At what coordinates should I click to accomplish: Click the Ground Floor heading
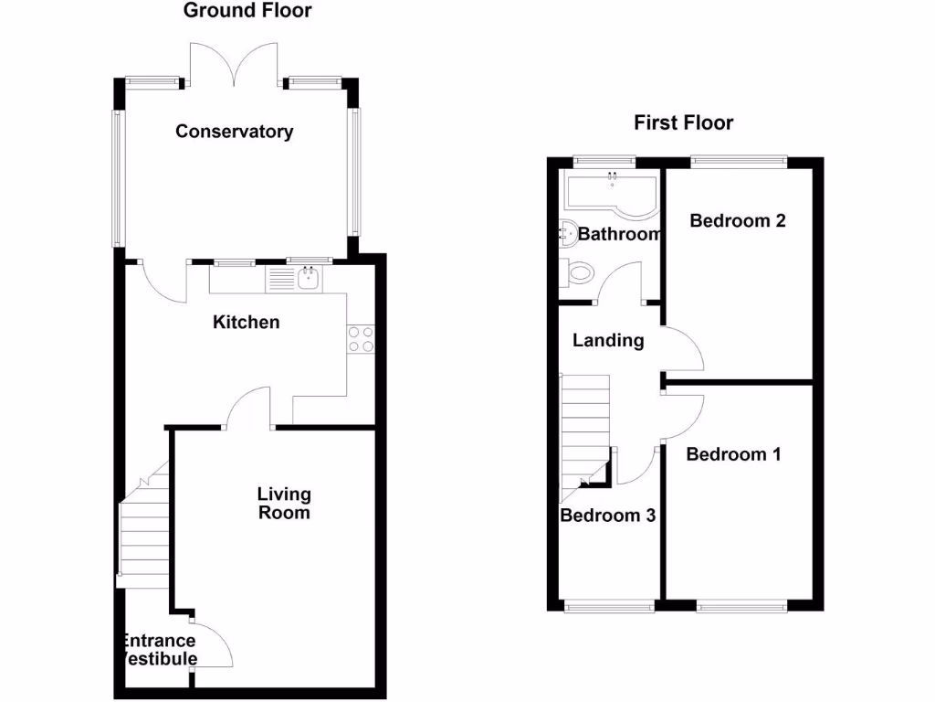247,11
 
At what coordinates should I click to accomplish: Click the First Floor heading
684,123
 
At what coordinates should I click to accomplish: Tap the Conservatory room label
235,132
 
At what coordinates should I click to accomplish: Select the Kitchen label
246,323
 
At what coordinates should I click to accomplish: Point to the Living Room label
284,504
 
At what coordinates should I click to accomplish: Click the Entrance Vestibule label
159,650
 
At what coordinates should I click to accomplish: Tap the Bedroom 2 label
738,220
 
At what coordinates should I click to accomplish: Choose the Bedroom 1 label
734,454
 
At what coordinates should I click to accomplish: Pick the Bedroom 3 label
608,516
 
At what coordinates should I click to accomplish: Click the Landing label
608,341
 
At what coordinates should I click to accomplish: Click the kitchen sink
308,278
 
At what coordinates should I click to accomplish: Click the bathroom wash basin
566,233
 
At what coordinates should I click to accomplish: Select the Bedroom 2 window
739,161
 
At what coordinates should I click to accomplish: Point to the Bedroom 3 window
609,604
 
